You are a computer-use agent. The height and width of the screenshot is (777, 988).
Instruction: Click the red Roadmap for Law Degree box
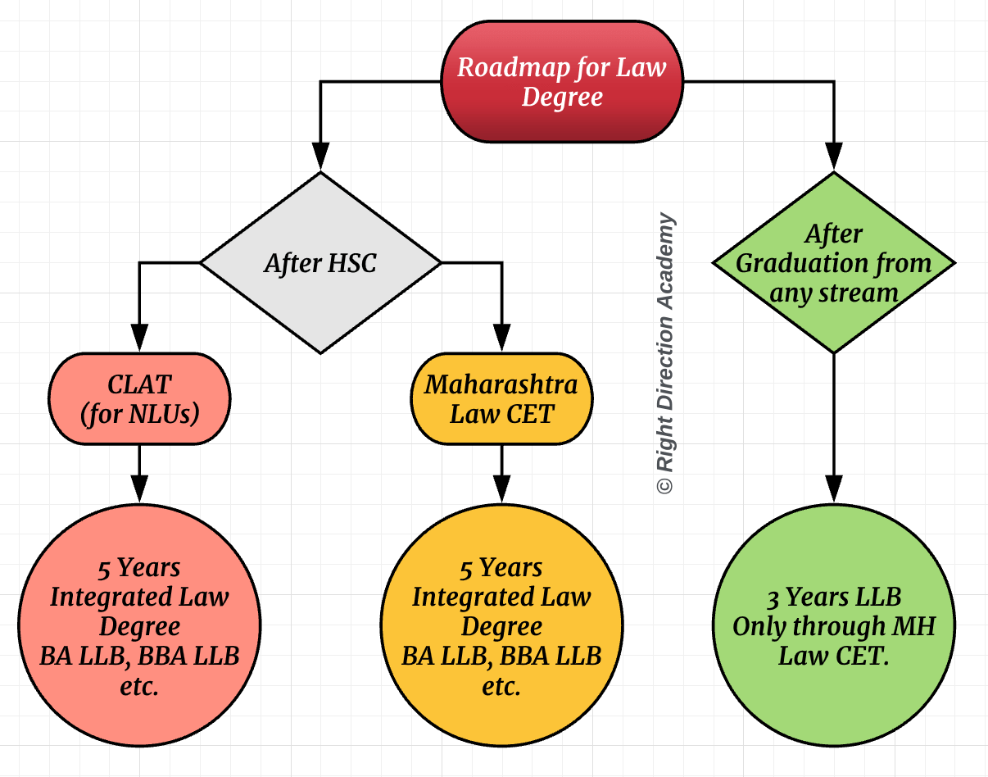click(562, 82)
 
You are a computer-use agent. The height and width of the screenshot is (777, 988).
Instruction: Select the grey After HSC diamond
click(320, 263)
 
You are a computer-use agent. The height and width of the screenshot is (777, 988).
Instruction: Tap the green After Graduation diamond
click(834, 263)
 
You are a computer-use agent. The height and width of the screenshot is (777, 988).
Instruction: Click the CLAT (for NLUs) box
click(139, 399)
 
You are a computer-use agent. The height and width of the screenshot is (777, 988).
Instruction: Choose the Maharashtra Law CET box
click(501, 399)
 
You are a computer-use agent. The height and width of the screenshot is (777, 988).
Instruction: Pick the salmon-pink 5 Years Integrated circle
click(139, 626)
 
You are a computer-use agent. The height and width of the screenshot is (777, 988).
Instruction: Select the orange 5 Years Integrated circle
click(501, 626)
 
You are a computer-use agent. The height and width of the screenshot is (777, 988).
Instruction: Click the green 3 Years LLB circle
click(834, 626)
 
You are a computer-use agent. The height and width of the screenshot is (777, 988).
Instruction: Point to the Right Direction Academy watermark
click(666, 354)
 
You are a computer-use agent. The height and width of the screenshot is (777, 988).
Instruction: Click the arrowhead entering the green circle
click(834, 488)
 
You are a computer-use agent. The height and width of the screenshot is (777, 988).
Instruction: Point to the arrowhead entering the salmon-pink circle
click(139, 488)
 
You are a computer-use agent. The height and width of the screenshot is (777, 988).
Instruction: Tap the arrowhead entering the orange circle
click(501, 488)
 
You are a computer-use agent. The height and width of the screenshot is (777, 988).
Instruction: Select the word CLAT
click(139, 384)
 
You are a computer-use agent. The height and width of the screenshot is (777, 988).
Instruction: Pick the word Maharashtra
click(501, 384)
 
